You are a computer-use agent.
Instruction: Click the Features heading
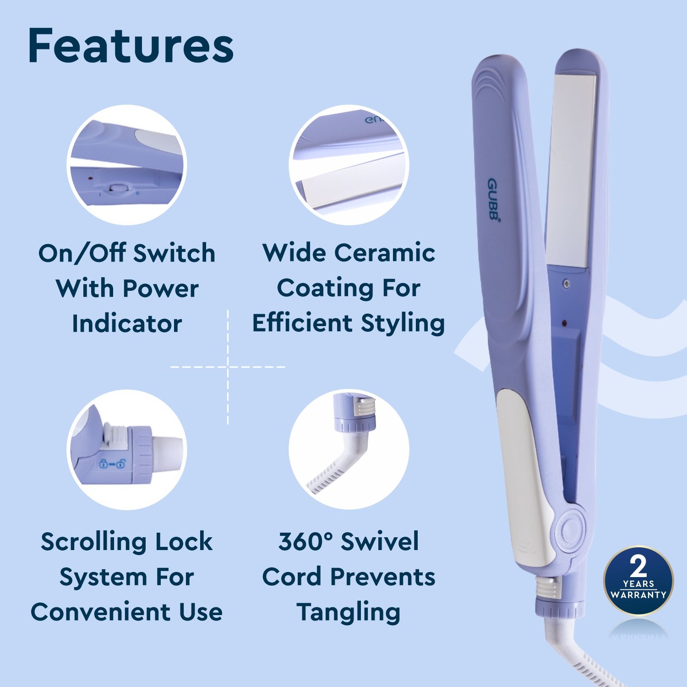click(x=131, y=46)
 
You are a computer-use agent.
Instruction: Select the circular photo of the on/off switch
click(x=127, y=165)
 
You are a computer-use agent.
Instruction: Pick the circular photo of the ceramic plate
click(x=349, y=165)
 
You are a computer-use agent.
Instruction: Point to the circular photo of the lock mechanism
click(x=127, y=450)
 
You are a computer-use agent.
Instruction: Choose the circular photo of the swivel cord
click(x=349, y=450)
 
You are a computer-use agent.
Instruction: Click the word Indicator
click(x=127, y=323)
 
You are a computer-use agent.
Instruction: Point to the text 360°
click(x=305, y=541)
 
